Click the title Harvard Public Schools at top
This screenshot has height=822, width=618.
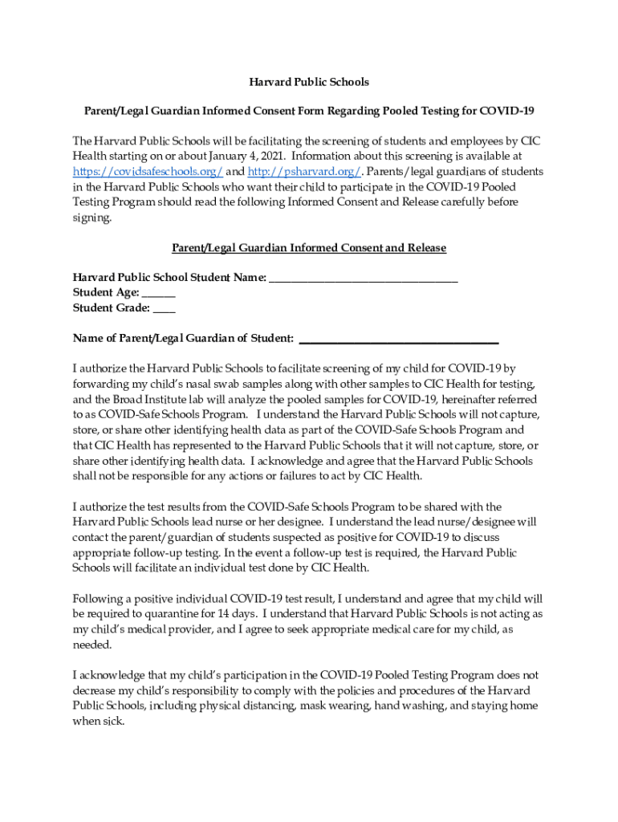(308, 82)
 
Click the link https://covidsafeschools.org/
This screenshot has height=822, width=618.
(148, 172)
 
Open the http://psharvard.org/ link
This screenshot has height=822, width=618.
(305, 172)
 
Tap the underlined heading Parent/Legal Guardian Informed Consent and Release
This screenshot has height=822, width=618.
(308, 248)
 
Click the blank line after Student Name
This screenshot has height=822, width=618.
(364, 279)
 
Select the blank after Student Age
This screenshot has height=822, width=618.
(158, 293)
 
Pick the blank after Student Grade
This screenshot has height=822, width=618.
(164, 307)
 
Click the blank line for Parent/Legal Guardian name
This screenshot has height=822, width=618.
(398, 338)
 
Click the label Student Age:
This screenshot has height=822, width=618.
(106, 293)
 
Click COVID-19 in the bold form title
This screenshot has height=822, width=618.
(510, 111)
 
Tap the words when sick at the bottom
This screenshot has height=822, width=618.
(99, 721)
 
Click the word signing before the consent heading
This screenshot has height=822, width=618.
(93, 218)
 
